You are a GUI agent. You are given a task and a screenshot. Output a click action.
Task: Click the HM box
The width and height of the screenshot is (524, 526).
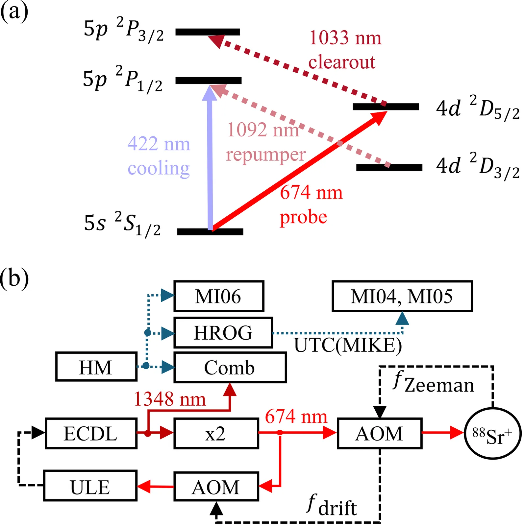96,367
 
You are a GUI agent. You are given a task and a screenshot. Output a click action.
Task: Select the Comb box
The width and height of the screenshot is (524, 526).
230,367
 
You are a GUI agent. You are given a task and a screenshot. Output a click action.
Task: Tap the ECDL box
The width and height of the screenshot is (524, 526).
91,433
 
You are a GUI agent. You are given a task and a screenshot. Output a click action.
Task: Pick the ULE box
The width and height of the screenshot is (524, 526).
90,486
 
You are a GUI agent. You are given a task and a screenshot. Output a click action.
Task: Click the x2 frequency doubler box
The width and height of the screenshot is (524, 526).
216,433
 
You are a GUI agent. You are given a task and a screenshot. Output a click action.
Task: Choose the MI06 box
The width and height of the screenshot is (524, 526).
218,296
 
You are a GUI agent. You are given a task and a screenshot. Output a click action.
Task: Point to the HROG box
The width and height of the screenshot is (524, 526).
223,332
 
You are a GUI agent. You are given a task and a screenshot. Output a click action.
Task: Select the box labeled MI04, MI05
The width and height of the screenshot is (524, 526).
402,296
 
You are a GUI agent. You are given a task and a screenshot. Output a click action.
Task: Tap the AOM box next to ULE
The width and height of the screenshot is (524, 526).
216,487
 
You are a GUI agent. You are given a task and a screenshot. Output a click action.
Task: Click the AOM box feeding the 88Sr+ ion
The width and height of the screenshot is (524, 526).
379,433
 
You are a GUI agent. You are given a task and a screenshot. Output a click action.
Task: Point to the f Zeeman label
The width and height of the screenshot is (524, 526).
434,383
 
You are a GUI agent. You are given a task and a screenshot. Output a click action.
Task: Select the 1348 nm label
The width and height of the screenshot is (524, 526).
170,399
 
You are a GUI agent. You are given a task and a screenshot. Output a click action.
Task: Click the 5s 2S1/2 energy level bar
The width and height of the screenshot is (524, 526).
210,232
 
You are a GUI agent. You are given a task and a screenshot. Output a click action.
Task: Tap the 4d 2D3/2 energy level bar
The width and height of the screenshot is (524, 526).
389,168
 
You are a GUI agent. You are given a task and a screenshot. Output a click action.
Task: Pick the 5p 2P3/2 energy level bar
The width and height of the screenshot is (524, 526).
208,32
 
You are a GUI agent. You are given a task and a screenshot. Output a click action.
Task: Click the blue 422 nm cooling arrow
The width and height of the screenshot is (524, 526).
210,158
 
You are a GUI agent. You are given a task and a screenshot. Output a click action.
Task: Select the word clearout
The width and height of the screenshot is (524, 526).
342,62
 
